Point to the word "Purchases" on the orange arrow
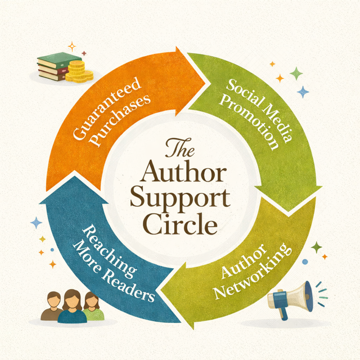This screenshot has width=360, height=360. [125, 118]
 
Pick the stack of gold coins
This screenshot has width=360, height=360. [76, 72]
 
